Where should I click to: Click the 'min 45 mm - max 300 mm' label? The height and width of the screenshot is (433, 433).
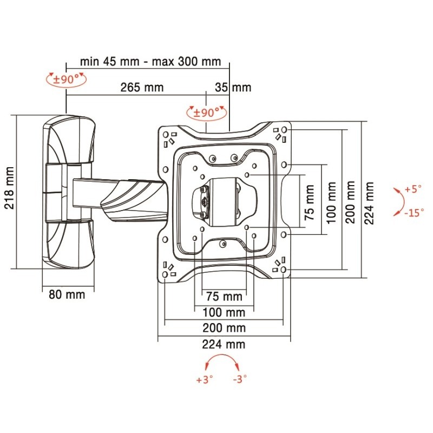click(150, 61)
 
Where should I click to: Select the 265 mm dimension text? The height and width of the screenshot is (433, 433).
click(143, 87)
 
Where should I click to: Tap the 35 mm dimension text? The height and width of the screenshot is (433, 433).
click(233, 87)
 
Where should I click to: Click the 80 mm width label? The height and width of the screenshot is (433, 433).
click(64, 294)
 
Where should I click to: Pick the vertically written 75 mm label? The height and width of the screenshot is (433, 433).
click(309, 202)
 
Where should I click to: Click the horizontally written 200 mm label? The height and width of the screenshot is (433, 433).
click(224, 328)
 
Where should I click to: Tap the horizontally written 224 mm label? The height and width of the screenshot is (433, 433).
click(224, 344)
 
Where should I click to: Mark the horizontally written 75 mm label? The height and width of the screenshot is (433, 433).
click(224, 297)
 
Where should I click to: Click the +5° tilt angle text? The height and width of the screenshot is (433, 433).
click(412, 189)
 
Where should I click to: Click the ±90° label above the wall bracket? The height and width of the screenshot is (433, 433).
click(67, 80)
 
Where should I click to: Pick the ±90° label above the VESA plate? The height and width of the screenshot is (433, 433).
click(206, 113)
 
